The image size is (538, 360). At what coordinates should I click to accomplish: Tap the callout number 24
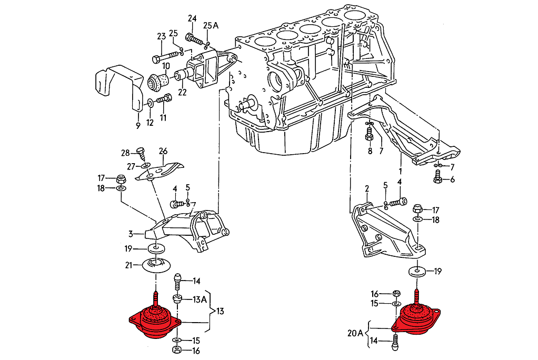[x=192, y=20]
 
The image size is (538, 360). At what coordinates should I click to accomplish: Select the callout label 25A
[x=211, y=25]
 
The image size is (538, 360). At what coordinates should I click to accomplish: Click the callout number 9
[x=137, y=126]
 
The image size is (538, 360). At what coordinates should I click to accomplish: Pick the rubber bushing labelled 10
[x=160, y=81]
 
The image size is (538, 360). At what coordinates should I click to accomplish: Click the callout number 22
[x=183, y=93]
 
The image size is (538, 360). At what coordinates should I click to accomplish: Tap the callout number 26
[x=163, y=151]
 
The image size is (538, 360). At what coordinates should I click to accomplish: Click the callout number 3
[x=130, y=233]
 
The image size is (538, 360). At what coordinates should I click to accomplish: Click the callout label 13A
[x=200, y=299]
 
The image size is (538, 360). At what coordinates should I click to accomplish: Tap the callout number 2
[x=367, y=188]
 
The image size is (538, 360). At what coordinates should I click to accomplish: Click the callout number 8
[x=370, y=151]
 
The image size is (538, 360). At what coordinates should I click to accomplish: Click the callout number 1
[x=400, y=171]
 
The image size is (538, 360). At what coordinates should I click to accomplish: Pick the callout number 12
[x=150, y=123]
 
